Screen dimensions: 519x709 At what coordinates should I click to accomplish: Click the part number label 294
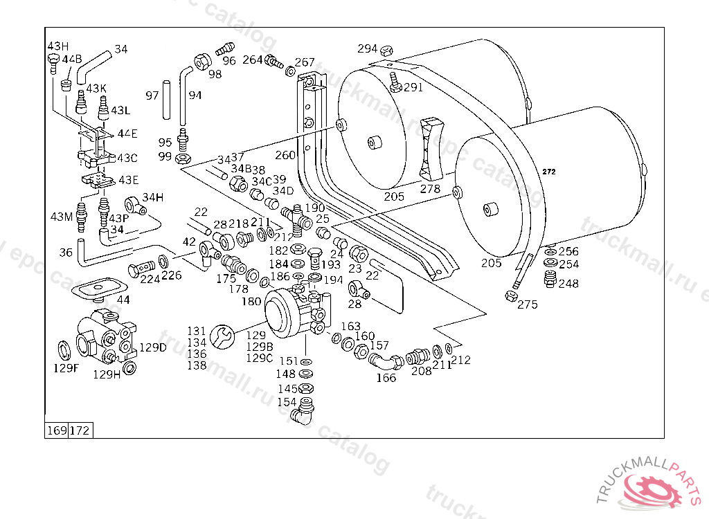point(367,48)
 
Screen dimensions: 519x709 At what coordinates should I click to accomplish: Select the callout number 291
point(413,87)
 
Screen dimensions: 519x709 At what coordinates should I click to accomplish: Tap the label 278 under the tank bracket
point(430,188)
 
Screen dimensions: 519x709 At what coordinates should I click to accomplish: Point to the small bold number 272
point(549,172)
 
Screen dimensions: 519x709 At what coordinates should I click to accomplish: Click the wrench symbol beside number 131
point(222,337)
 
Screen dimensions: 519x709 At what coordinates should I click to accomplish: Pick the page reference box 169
point(57,430)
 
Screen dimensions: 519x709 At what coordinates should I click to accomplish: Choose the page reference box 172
point(80,430)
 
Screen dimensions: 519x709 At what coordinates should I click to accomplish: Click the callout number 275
point(527,304)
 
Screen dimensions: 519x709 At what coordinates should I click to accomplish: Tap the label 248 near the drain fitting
point(568,283)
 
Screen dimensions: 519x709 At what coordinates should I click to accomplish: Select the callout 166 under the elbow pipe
point(386,378)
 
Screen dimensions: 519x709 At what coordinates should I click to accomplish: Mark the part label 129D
point(153,347)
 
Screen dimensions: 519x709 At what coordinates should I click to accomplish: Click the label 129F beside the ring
point(67,368)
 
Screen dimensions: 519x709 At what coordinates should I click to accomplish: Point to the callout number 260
point(285,155)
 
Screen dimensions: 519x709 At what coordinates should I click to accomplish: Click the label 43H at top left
point(58,46)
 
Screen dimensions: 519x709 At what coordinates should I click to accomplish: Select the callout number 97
point(152,95)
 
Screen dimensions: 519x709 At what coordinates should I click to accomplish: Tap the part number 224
point(150,280)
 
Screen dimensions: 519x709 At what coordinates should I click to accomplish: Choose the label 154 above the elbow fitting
point(287,402)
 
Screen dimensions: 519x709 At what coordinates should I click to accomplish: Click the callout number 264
point(252,60)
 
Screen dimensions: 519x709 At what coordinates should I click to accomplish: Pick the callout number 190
point(314,208)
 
